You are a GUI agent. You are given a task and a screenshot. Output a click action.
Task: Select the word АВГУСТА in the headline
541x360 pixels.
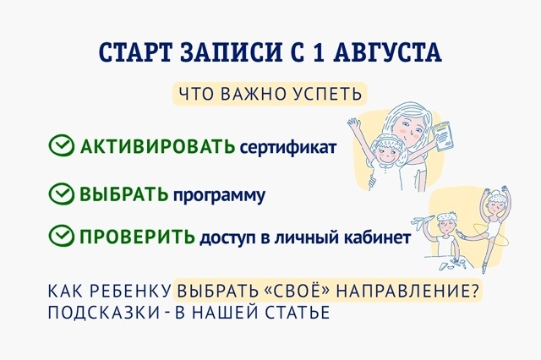[x=388, y=52]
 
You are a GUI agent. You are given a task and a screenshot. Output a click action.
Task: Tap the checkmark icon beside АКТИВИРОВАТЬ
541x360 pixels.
[x=61, y=145]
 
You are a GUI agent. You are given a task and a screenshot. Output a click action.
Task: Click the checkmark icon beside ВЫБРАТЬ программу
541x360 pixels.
[x=61, y=194]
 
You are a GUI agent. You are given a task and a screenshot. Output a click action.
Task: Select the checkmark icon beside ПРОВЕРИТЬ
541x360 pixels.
[x=61, y=236]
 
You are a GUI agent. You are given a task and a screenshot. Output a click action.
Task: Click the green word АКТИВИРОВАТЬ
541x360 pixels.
[x=158, y=146]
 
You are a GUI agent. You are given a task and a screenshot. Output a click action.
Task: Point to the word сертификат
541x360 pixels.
[x=287, y=148]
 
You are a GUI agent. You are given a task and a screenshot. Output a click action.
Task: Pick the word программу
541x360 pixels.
[x=219, y=197]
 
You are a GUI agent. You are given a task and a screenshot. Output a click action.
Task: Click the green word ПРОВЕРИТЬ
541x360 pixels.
[x=137, y=237]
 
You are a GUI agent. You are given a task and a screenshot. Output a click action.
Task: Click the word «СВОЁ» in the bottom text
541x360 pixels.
[x=296, y=291]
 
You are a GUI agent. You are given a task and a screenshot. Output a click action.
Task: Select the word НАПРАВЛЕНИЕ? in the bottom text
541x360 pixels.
[x=407, y=291]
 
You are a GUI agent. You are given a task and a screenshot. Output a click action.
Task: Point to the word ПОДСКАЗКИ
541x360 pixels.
[x=103, y=313]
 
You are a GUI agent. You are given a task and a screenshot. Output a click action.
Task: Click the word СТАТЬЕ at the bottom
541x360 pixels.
[x=298, y=313]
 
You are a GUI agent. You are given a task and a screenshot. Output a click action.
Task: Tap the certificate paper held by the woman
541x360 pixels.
[x=442, y=135]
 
